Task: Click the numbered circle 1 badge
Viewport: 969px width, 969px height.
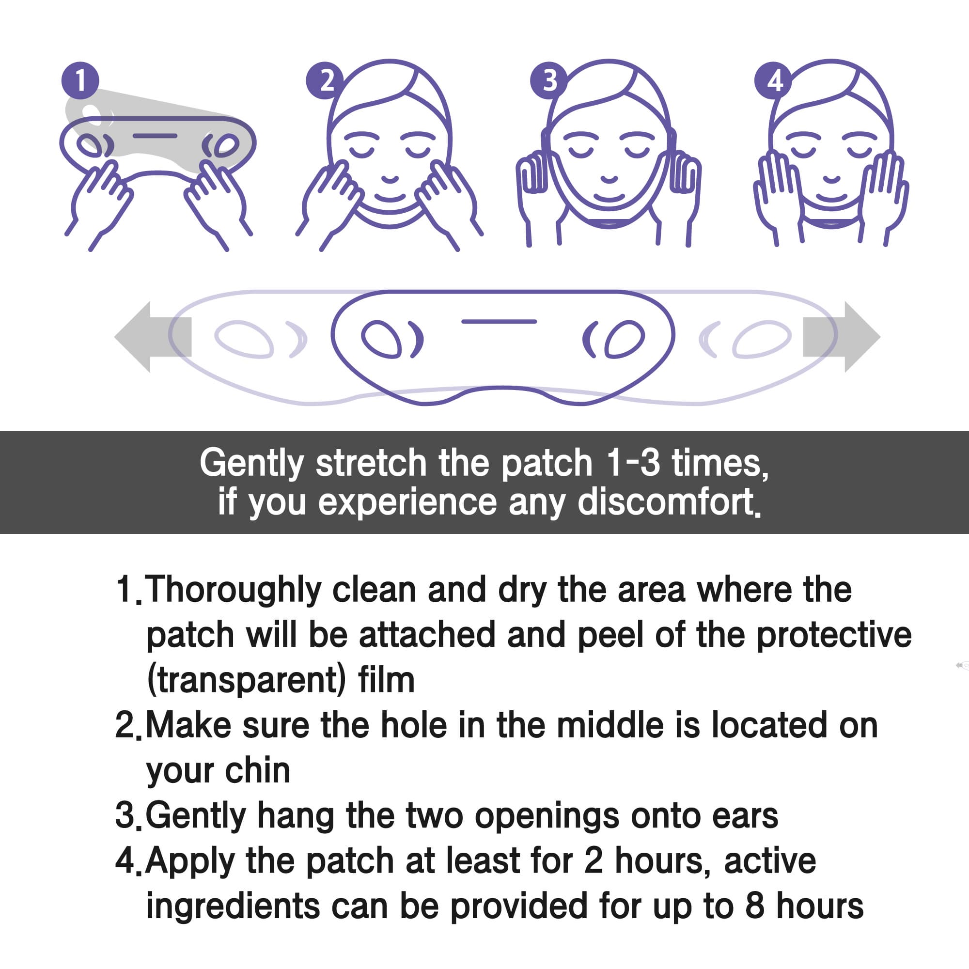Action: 80,80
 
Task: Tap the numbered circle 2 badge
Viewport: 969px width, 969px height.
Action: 325,80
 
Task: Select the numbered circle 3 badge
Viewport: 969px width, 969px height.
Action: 549,80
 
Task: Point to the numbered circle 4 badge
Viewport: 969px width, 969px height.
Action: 773,80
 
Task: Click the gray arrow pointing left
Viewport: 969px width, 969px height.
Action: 151,337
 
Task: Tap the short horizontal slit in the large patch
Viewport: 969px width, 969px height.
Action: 499,322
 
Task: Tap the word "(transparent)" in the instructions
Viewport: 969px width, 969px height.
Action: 246,681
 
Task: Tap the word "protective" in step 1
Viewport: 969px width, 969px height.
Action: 833,636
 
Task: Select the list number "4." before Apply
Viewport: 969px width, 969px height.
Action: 128,861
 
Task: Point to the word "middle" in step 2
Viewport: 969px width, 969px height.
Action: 610,725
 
